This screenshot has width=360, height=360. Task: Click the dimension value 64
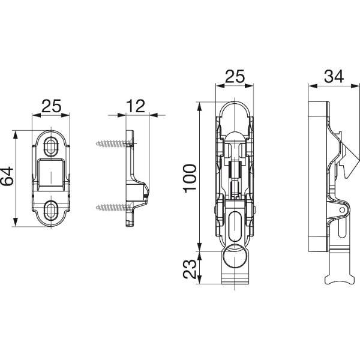[7, 176]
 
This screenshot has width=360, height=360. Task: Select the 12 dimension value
[136, 106]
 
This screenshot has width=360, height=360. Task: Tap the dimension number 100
[190, 177]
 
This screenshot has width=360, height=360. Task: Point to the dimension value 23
[190, 269]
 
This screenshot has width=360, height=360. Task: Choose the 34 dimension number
[334, 76]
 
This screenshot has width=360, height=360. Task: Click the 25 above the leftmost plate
[52, 106]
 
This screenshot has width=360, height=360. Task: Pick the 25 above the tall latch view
[235, 76]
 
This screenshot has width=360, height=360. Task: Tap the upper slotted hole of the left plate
[51, 146]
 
